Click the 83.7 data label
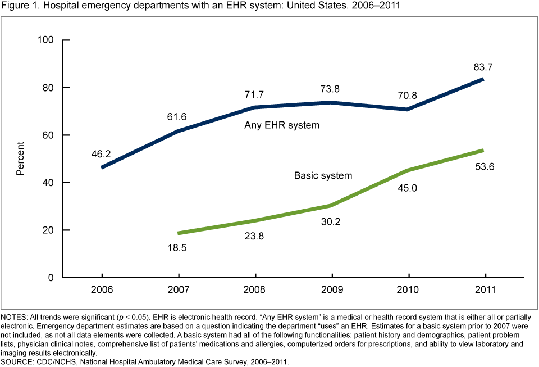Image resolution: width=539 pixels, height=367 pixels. click(x=482, y=67)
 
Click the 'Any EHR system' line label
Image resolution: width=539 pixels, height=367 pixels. click(x=282, y=125)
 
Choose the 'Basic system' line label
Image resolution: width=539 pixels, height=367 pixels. click(x=323, y=175)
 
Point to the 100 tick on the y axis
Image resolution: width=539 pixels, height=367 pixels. click(x=45, y=40)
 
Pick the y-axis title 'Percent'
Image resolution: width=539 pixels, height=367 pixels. click(x=20, y=159)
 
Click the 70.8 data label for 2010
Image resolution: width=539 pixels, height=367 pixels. click(x=406, y=95)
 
